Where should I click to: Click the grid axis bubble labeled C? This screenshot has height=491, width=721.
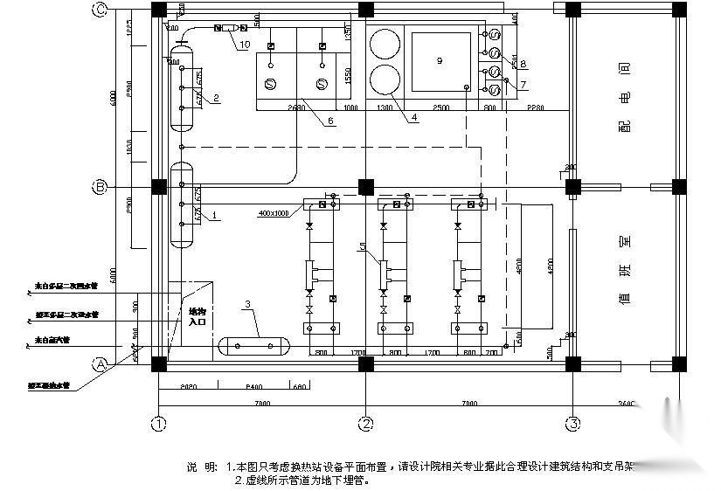point(101,10)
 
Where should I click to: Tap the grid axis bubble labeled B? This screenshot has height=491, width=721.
point(101,187)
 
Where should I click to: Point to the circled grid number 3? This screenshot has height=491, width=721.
point(572,425)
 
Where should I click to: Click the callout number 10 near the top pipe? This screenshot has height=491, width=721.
point(245,44)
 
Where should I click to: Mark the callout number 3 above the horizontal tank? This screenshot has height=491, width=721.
point(248,304)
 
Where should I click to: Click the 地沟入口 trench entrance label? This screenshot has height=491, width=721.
point(198,315)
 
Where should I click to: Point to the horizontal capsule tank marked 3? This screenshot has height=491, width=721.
point(255,346)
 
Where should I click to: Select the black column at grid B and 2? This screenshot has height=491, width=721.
point(366,187)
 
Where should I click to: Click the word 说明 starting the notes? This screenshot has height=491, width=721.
point(200,466)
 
